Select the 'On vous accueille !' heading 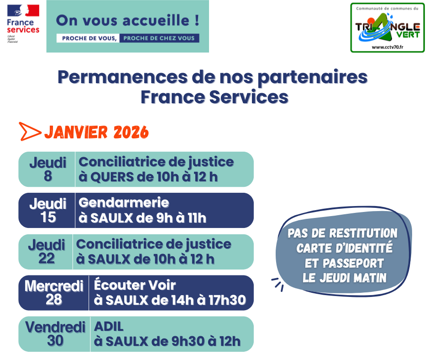(x=127, y=21)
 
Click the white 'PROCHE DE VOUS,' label (x=87, y=38)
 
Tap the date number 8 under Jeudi (x=47, y=176)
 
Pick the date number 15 (x=47, y=217)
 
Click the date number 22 (x=46, y=259)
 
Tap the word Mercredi (x=54, y=286)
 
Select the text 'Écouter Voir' (x=135, y=286)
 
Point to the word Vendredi (x=55, y=328)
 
